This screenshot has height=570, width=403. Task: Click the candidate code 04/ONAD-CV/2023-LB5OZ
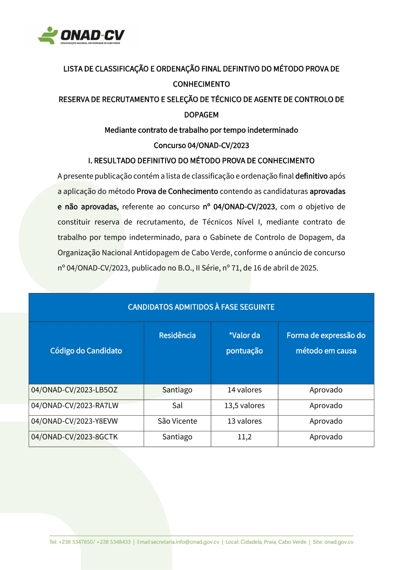pyautogui.click(x=75, y=390)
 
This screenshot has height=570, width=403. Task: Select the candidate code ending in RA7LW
pyautogui.click(x=75, y=406)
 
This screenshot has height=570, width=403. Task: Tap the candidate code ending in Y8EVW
pyautogui.click(x=75, y=421)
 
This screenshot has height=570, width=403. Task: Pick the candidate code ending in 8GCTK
pyautogui.click(x=75, y=437)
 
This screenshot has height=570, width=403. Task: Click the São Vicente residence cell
pyautogui.click(x=177, y=421)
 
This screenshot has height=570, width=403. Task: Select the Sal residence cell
pyautogui.click(x=177, y=406)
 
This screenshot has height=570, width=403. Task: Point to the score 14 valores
pyautogui.click(x=245, y=390)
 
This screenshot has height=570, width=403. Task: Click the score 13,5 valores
pyautogui.click(x=245, y=406)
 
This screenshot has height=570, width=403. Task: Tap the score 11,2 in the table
pyautogui.click(x=245, y=437)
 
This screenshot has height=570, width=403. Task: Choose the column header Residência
pyautogui.click(x=177, y=335)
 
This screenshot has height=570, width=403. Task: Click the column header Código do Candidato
pyautogui.click(x=86, y=351)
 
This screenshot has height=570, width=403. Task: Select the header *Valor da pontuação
pyautogui.click(x=245, y=343)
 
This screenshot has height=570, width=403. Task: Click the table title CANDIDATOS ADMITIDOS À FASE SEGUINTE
pyautogui.click(x=201, y=307)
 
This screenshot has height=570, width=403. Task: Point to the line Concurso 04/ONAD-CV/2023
pyautogui.click(x=201, y=146)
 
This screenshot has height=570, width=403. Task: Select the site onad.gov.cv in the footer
pyautogui.click(x=339, y=542)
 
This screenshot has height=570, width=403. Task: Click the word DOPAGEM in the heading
pyautogui.click(x=201, y=115)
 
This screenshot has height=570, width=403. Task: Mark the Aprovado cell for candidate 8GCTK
pyautogui.click(x=326, y=437)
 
